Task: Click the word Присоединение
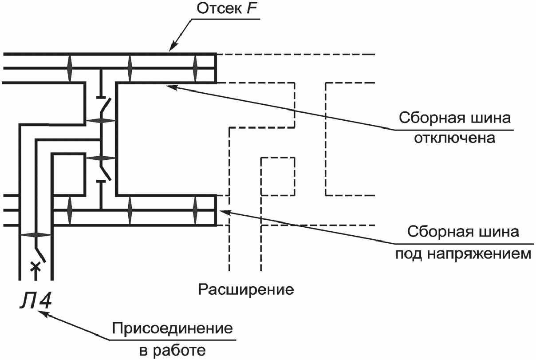[x=173, y=329]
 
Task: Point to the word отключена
[x=454, y=138]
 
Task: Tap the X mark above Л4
[x=36, y=267]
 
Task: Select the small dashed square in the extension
[x=278, y=176]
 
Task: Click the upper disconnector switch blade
[x=106, y=106]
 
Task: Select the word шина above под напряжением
[x=498, y=233]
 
